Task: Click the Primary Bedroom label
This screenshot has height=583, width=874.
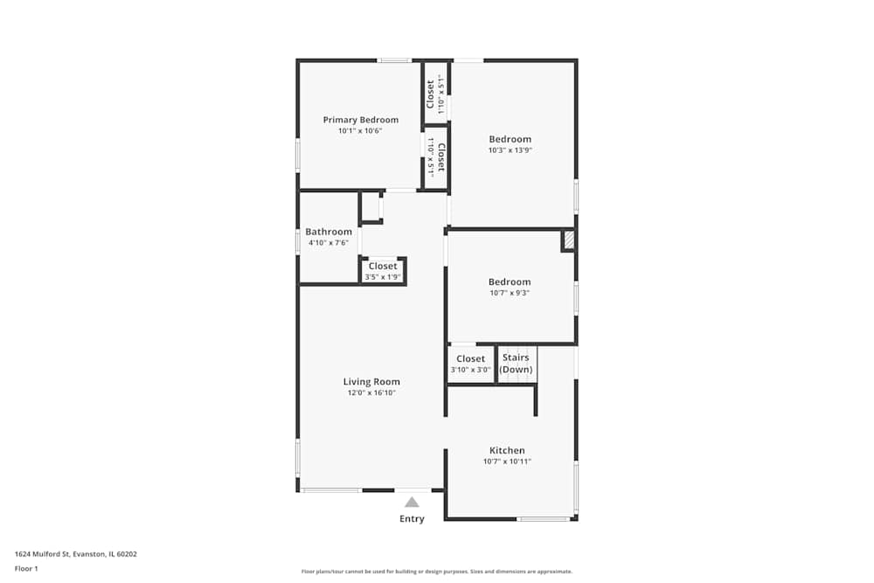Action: pos(360,120)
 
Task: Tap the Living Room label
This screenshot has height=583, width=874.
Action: pos(371,381)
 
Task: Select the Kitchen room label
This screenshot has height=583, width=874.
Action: pos(507,450)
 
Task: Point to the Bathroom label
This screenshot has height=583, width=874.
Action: pos(329,232)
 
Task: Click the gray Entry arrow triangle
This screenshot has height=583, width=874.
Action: pos(412,502)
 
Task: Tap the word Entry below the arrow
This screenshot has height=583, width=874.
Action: pos(412,519)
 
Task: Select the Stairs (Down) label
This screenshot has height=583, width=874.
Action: pos(516,364)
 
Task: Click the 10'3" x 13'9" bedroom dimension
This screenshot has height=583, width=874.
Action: pos(510,150)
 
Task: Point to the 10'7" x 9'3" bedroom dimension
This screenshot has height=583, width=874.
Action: pos(510,293)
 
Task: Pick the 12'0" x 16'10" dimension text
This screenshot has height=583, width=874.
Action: pos(371,393)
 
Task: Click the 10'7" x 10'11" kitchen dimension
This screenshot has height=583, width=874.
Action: pos(507,462)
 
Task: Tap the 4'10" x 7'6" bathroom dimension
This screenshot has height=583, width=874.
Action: pos(329,243)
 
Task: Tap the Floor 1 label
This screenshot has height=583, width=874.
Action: pos(27,568)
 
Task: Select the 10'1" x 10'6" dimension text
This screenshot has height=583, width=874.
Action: pos(360,131)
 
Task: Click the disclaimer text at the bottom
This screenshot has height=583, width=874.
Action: pos(437,572)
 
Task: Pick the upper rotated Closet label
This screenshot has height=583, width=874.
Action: pos(431,95)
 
